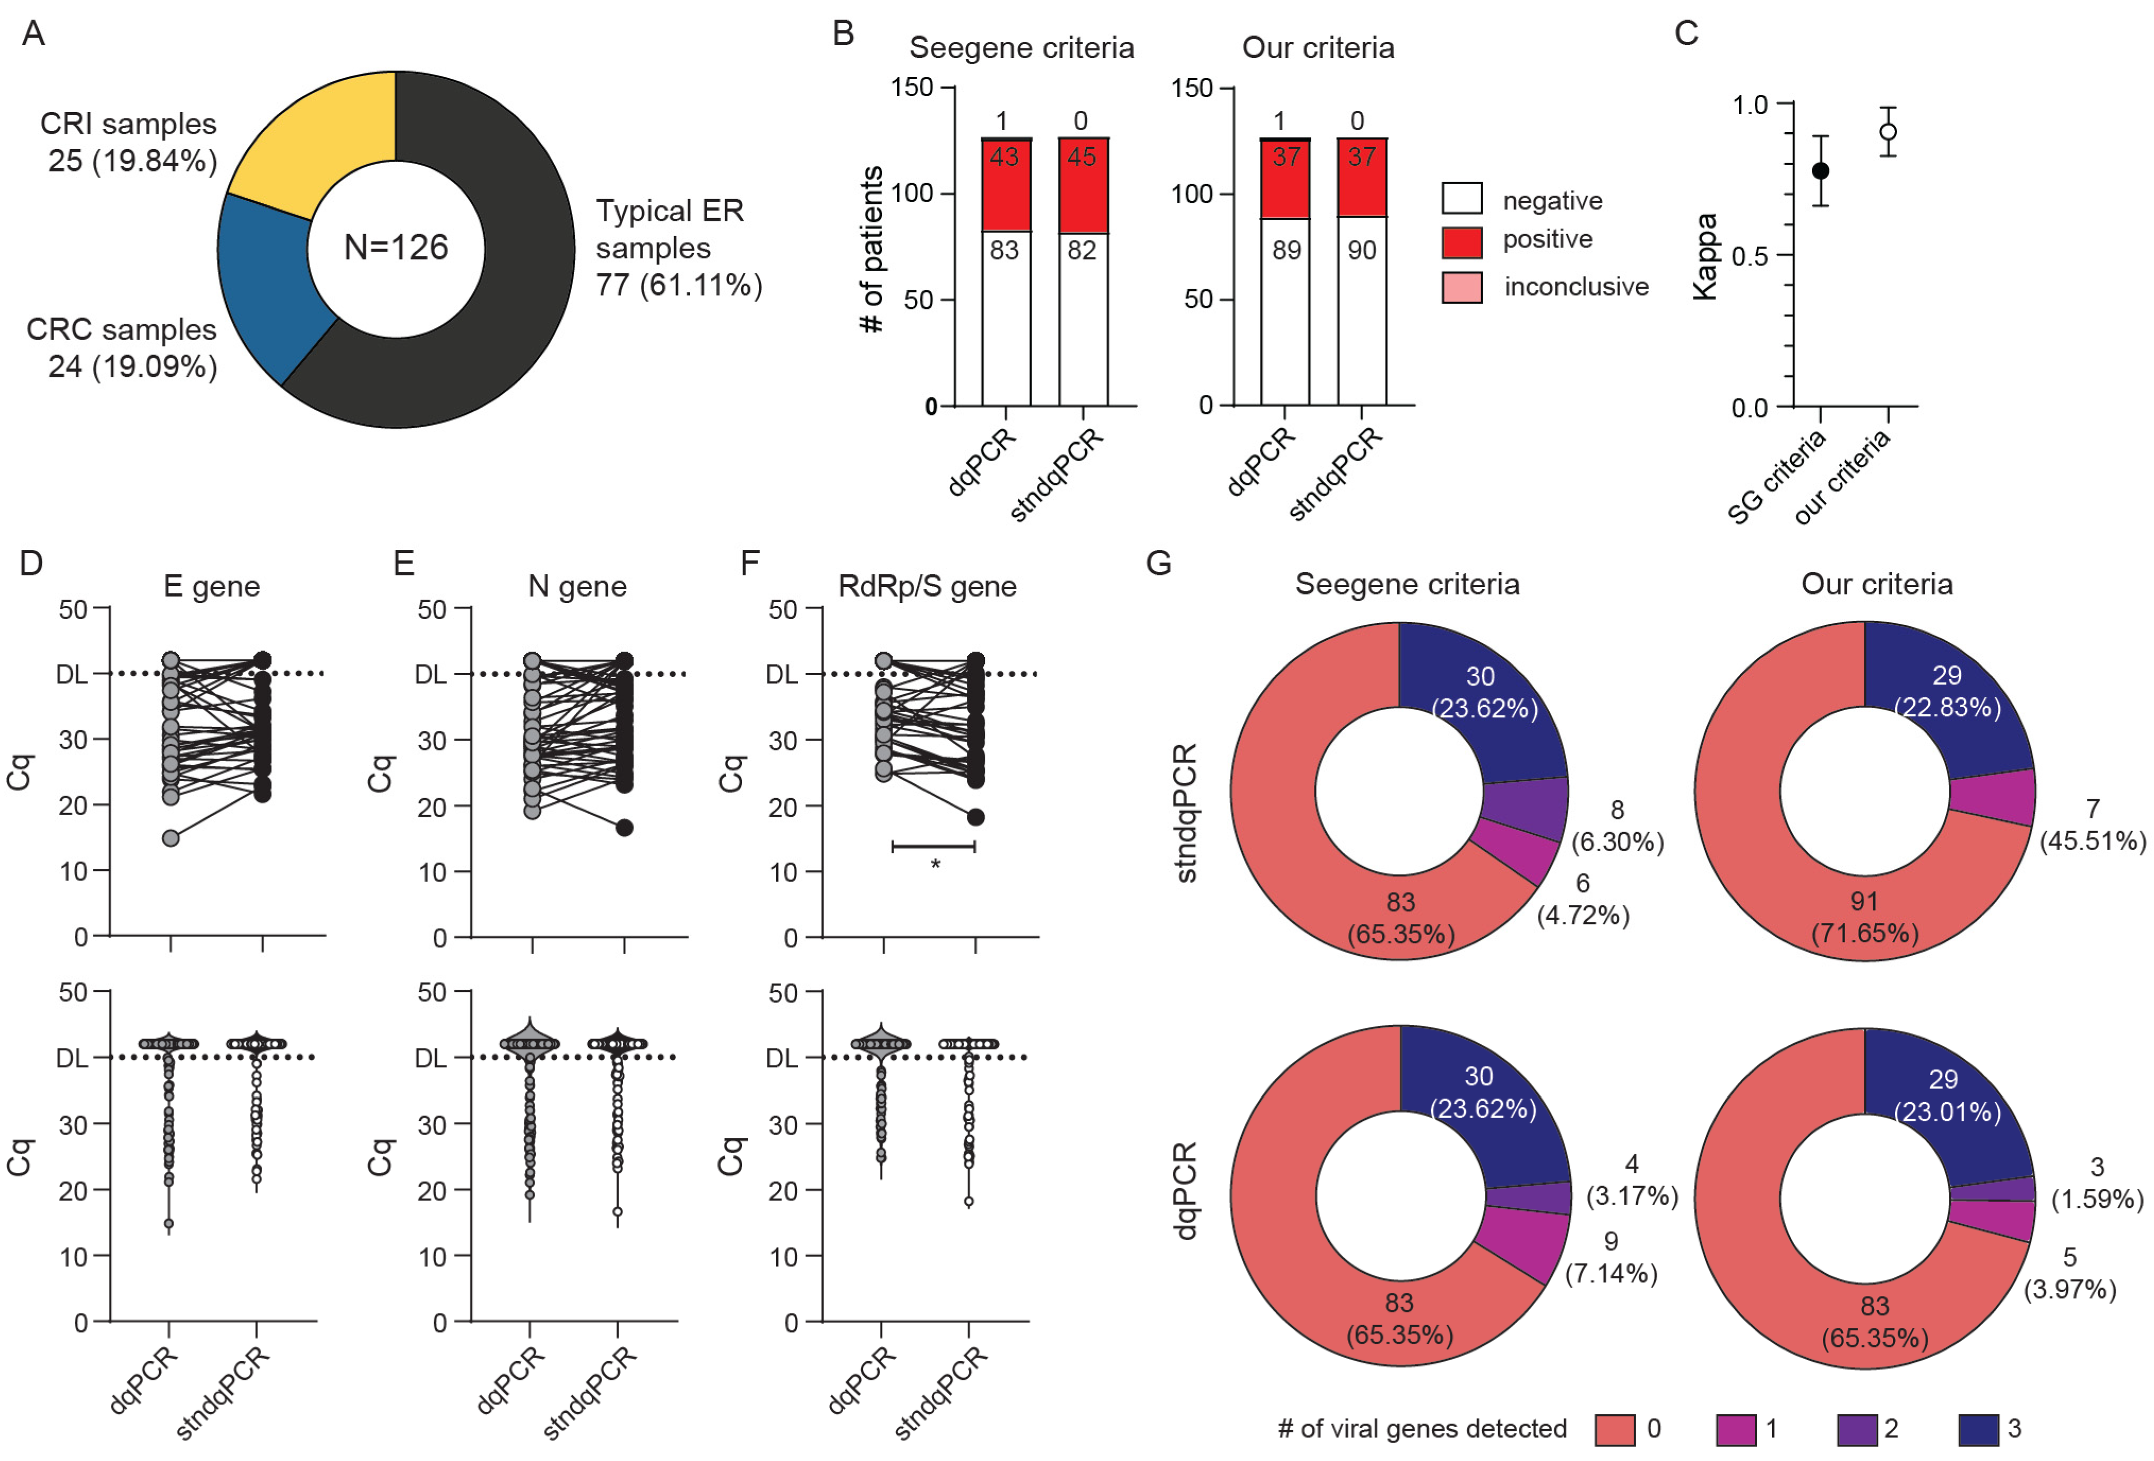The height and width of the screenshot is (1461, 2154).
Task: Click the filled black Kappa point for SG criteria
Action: pos(1820,170)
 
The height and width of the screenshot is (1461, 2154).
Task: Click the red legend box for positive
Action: pos(1461,242)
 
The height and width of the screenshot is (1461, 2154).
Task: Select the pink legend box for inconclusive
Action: pos(1461,288)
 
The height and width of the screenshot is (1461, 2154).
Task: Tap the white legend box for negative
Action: pos(1461,198)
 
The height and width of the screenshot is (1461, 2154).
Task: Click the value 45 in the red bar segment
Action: pos(1082,157)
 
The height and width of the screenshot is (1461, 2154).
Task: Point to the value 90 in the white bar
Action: pos(1362,250)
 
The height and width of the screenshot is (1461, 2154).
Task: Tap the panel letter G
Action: pos(1158,563)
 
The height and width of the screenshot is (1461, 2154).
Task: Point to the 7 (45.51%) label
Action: pos(2092,825)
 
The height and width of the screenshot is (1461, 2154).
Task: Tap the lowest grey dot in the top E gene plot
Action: pos(170,838)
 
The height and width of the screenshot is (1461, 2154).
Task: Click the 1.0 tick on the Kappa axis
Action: pos(1751,105)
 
